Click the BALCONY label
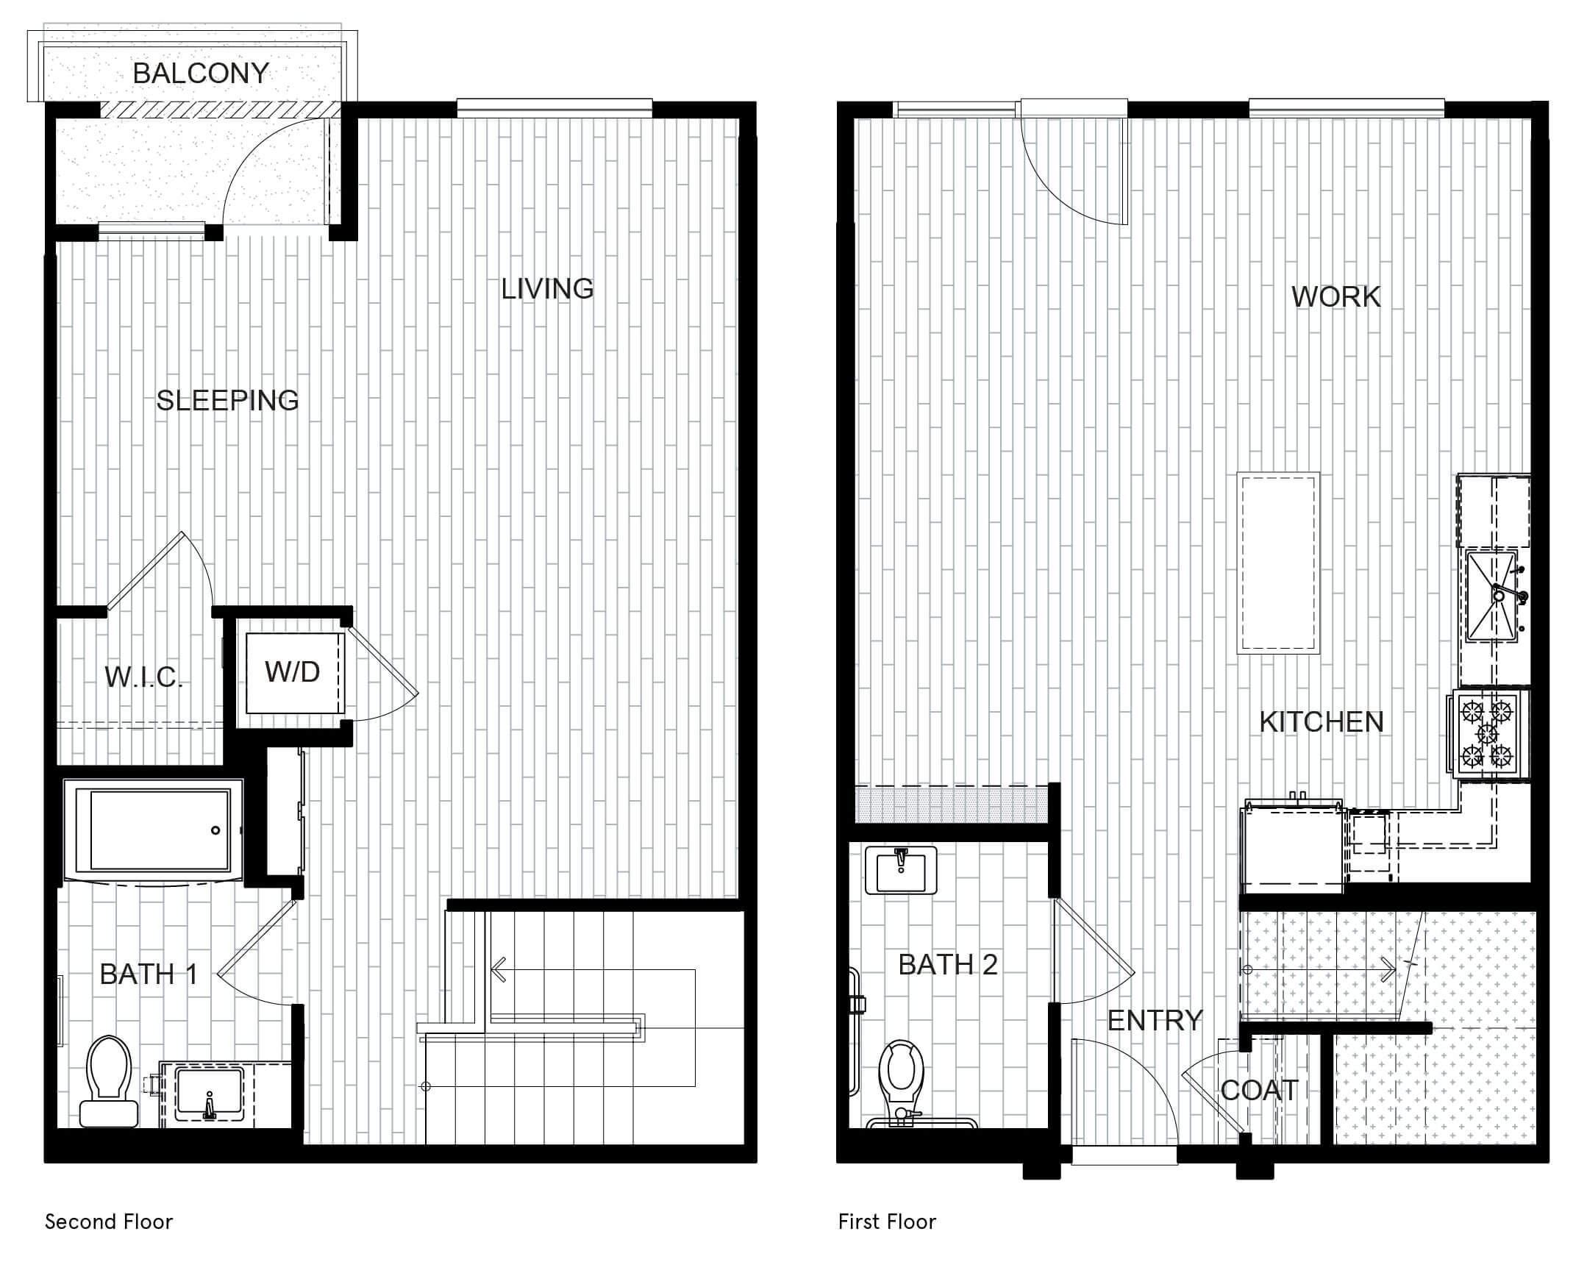tap(201, 73)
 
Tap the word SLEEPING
tap(227, 401)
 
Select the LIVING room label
tap(547, 288)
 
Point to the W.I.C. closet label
tap(143, 677)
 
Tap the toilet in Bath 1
tap(109, 1081)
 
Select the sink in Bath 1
tap(209, 1094)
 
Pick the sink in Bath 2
tap(901, 870)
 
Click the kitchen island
tap(1278, 563)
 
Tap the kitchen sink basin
tap(1492, 596)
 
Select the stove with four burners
tap(1488, 733)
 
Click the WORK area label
tap(1336, 296)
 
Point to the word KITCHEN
tap(1322, 722)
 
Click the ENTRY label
tap(1155, 1021)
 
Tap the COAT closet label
tap(1260, 1091)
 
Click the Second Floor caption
tap(109, 1222)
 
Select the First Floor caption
tap(887, 1222)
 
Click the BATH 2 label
tap(948, 965)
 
